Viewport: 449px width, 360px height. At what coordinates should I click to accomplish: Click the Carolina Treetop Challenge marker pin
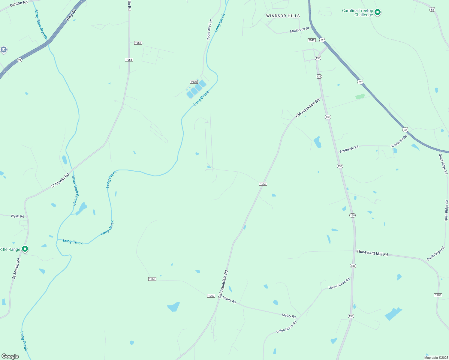(378, 12)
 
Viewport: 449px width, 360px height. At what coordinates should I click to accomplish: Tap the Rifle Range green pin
(25, 249)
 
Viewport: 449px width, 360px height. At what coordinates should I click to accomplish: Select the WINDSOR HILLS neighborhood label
(283, 16)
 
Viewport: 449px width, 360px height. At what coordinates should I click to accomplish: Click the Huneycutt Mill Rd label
(372, 253)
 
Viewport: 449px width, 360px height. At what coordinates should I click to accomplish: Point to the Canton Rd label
(19, 3)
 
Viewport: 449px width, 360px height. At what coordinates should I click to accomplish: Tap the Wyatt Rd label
(17, 216)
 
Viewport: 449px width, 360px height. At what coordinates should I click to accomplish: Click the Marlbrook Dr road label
(299, 30)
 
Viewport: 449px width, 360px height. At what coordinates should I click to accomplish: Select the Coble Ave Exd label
(209, 30)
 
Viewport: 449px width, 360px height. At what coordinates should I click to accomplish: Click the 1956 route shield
(263, 184)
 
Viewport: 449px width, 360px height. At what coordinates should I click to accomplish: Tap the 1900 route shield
(194, 82)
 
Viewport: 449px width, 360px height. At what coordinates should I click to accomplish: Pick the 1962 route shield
(138, 43)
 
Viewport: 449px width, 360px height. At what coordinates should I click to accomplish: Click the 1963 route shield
(129, 60)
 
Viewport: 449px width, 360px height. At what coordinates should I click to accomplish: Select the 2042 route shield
(311, 40)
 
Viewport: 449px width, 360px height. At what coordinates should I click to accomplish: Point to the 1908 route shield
(438, 295)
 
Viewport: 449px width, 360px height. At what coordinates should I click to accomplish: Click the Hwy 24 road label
(71, 14)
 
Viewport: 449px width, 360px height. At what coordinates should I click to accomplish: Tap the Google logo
(10, 356)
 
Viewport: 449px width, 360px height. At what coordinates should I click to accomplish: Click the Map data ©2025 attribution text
(435, 358)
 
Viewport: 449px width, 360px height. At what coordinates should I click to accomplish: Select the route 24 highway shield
(20, 60)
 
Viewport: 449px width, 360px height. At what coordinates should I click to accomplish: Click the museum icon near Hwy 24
(4, 49)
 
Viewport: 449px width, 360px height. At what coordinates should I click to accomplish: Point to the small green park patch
(360, 97)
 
